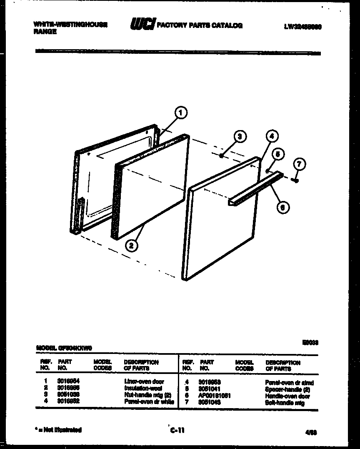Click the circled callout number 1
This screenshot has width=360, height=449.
(x=180, y=112)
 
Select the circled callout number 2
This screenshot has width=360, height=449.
(x=132, y=246)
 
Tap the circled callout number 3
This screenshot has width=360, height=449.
(x=238, y=136)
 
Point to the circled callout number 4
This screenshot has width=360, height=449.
(x=271, y=136)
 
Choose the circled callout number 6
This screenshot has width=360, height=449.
(x=283, y=207)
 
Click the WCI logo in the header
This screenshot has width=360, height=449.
(x=142, y=25)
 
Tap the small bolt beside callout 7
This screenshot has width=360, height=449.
(x=296, y=180)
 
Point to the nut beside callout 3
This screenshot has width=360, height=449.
(x=222, y=156)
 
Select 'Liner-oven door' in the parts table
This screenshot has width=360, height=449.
(x=144, y=381)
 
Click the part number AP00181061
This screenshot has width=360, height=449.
(x=215, y=396)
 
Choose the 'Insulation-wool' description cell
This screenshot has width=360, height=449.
(x=144, y=388)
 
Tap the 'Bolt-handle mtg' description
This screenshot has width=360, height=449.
(x=285, y=403)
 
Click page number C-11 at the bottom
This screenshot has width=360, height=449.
(x=177, y=431)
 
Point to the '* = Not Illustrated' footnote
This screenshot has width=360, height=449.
(x=58, y=429)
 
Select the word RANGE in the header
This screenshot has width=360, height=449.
(x=45, y=31)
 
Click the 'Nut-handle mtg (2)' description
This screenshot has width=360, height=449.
(x=148, y=395)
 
